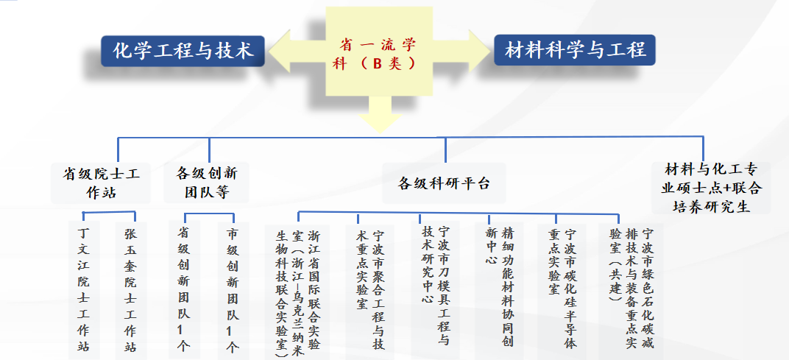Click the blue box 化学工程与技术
coord(183,51)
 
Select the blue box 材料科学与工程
coord(575,50)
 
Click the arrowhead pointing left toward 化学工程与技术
coord(280,51)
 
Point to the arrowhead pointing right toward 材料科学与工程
coord(480,51)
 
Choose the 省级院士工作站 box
coord(101,183)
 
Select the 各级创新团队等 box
coord(206,183)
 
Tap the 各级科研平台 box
coord(444,183)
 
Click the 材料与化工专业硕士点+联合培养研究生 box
coord(711,187)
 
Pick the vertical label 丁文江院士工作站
coord(83,291)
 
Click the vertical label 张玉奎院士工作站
coord(131,291)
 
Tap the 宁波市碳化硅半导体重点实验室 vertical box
coord(562,291)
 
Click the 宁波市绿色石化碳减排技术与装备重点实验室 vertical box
coord(631,291)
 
